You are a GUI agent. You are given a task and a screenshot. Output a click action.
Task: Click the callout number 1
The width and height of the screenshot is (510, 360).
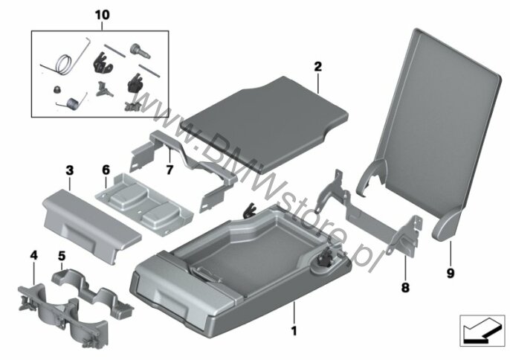tap(294, 331)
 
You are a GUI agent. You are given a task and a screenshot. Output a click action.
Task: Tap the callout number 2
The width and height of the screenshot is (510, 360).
tap(317, 67)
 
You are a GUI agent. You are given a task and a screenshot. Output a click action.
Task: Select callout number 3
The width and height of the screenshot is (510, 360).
tap(70, 170)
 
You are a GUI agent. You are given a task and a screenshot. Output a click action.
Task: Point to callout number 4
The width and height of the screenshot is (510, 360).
tap(34, 255)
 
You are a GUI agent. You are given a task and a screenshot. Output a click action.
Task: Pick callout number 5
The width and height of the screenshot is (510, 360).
tap(62, 256)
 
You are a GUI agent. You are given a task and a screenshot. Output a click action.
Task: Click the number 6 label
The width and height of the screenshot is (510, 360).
tap(106, 170)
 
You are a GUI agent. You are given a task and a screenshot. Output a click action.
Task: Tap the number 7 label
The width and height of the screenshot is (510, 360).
tap(170, 170)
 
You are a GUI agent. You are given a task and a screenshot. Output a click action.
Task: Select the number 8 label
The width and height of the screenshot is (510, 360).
tap(405, 287)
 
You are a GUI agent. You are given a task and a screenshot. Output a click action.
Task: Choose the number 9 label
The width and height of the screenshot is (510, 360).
tap(451, 273)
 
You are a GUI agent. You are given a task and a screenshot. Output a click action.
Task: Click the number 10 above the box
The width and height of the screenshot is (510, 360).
tap(102, 15)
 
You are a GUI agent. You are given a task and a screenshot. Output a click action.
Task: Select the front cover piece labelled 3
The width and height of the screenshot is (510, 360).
tap(91, 225)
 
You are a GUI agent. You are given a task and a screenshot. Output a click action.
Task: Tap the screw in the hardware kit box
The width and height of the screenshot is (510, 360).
tap(141, 51)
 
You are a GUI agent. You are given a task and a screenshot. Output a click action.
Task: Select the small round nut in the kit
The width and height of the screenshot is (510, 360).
tap(57, 89)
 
